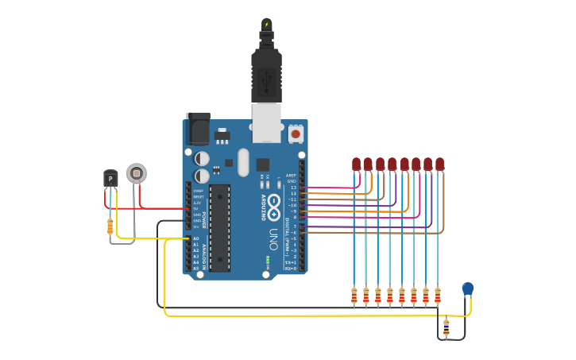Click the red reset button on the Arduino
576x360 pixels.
(296, 134)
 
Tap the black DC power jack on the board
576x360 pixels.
(198, 129)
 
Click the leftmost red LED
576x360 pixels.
(356, 165)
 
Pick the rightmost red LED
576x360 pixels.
(439, 165)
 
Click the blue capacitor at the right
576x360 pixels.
(468, 288)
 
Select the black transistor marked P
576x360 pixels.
(110, 178)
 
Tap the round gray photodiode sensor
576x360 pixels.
(137, 173)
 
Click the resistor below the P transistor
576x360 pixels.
(110, 227)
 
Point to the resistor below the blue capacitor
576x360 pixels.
(446, 326)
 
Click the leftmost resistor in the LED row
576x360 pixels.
(354, 296)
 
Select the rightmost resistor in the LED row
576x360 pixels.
(437, 296)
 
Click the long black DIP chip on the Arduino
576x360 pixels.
(220, 227)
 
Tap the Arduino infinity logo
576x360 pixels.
(273, 203)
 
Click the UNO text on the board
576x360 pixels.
(273, 239)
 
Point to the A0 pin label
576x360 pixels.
(196, 238)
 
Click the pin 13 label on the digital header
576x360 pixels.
(292, 188)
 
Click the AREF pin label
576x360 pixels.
(291, 176)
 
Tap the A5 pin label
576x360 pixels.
(196, 268)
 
